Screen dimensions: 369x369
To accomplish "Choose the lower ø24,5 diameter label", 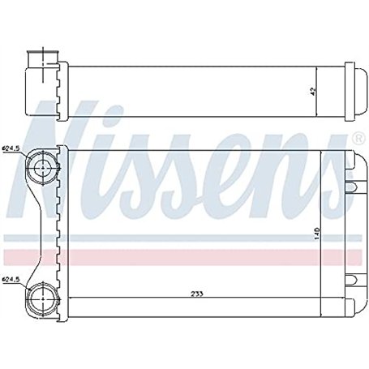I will tap(11, 281).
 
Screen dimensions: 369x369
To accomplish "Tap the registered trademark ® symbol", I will tap(358, 134).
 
